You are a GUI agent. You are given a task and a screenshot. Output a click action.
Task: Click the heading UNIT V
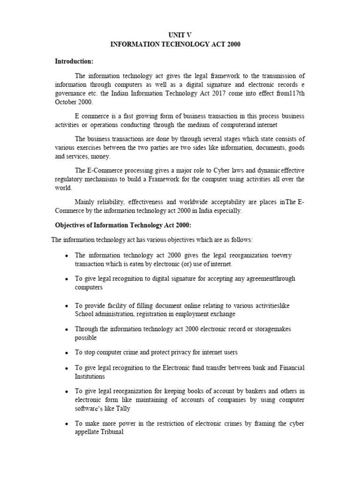tap(180, 35)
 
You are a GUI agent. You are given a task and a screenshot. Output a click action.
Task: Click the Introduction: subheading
tap(74, 61)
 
